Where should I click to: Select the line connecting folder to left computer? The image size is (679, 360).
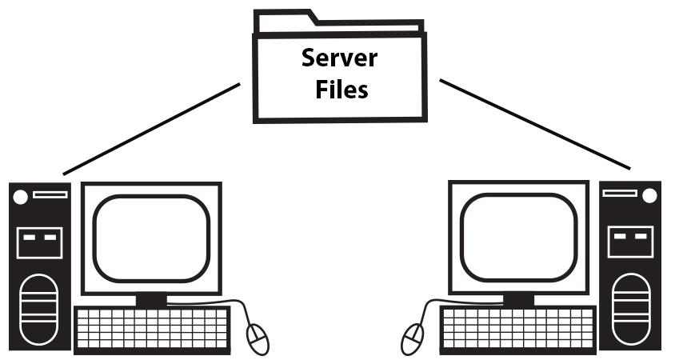pyautogui.click(x=152, y=127)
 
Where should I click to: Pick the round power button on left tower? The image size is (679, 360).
pyautogui.click(x=22, y=195)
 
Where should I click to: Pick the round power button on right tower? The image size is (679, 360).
pyautogui.click(x=649, y=195)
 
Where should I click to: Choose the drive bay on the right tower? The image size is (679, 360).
pyautogui.click(x=631, y=241)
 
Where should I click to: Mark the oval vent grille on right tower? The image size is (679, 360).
pyautogui.click(x=631, y=309)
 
